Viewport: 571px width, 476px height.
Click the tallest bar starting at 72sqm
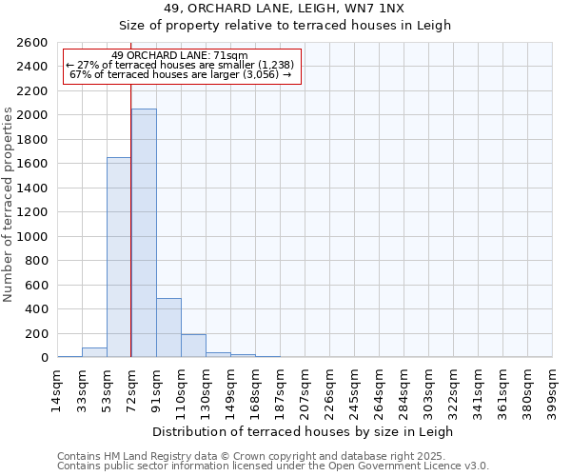point(144,233)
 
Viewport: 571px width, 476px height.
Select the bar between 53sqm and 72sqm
point(119,257)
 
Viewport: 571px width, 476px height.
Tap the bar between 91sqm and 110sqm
point(168,327)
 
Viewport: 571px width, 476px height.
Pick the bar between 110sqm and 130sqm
point(193,346)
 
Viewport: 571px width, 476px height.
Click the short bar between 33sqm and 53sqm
point(94,352)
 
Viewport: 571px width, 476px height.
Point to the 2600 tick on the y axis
point(33,43)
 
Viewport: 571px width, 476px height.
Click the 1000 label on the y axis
point(33,237)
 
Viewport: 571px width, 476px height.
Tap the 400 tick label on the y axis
point(37,309)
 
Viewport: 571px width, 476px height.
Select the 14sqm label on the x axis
point(57,387)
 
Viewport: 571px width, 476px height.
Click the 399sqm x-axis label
point(552,387)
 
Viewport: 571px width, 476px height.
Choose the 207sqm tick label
point(305,387)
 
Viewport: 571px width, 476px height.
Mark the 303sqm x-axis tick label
point(428,387)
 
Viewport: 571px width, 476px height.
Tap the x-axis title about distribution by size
point(304,431)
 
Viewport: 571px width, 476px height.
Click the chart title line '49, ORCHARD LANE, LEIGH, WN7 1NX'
point(285,9)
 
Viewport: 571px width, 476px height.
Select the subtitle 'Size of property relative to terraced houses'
point(285,26)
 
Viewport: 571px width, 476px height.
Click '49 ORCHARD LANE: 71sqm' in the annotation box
point(180,55)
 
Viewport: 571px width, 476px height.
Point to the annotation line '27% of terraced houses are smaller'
point(180,65)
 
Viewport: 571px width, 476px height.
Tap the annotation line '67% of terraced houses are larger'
point(180,74)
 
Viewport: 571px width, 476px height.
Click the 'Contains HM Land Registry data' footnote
point(271,456)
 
